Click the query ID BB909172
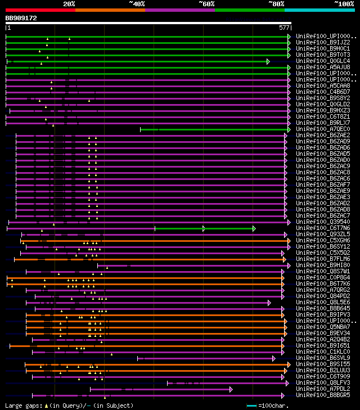coord(21,18)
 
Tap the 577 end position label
coord(284,28)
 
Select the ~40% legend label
coord(137,3)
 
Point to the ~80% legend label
coord(277,3)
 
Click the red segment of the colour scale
coord(40,10)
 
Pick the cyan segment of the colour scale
coord(319,10)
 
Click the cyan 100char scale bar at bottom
coord(251,406)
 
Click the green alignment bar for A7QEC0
coord(214,129)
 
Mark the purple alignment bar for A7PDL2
coord(160,389)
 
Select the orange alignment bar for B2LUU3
coord(157,371)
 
